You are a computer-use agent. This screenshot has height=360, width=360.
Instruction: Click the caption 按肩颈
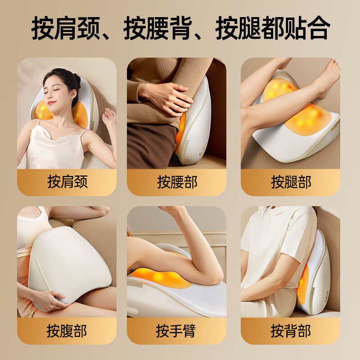coord(67,182)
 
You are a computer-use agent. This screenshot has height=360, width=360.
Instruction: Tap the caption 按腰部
coord(177,182)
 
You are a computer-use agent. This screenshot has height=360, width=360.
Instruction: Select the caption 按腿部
coord(291,182)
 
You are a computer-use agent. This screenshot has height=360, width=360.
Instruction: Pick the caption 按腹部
coord(67,331)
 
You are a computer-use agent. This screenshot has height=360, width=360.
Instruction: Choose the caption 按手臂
coord(177,331)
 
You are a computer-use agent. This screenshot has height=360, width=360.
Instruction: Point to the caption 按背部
coord(291,331)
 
